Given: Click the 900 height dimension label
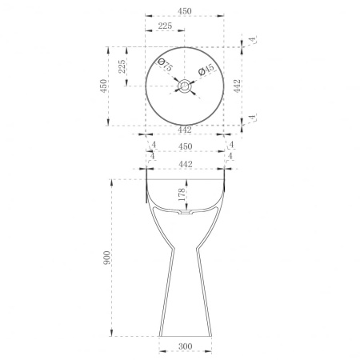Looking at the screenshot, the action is tap(106, 258).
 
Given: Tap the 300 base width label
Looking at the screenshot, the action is tap(186, 346).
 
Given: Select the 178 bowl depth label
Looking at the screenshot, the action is tap(182, 194).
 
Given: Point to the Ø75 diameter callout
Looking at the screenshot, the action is tap(165, 65).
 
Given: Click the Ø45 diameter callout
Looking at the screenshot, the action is tap(206, 70).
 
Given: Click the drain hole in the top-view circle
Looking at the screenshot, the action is tap(184, 86).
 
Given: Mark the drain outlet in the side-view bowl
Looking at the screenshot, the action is tap(186, 212).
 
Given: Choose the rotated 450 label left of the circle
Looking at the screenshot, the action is tap(103, 86).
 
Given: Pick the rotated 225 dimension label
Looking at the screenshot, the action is tap(122, 66).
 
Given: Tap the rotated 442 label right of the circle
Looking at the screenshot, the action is tap(237, 86).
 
